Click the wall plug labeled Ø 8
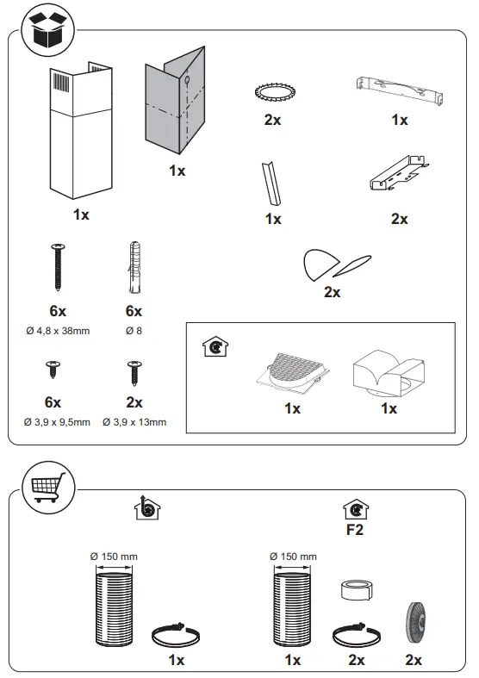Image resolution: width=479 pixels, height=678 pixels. click(134, 268)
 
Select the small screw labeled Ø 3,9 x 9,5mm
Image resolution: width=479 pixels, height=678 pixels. click(53, 371)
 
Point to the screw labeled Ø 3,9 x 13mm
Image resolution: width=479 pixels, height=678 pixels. click(134, 372)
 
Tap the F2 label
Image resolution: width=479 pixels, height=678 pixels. click(354, 530)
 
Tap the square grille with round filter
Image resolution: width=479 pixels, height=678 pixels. click(292, 371)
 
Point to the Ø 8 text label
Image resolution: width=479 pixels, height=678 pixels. click(134, 331)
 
